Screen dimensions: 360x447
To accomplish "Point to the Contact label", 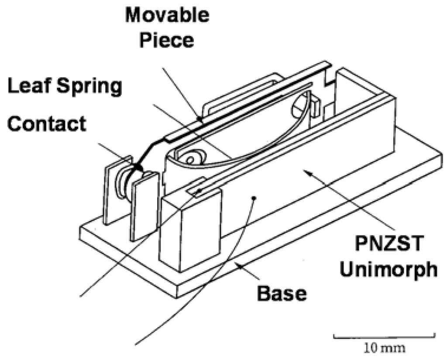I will pos(47,124).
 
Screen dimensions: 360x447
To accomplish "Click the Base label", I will pos(282,293).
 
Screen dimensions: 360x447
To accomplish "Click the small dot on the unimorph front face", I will pos(254,198).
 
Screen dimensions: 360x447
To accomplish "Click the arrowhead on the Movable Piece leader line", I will pos(199,117).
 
